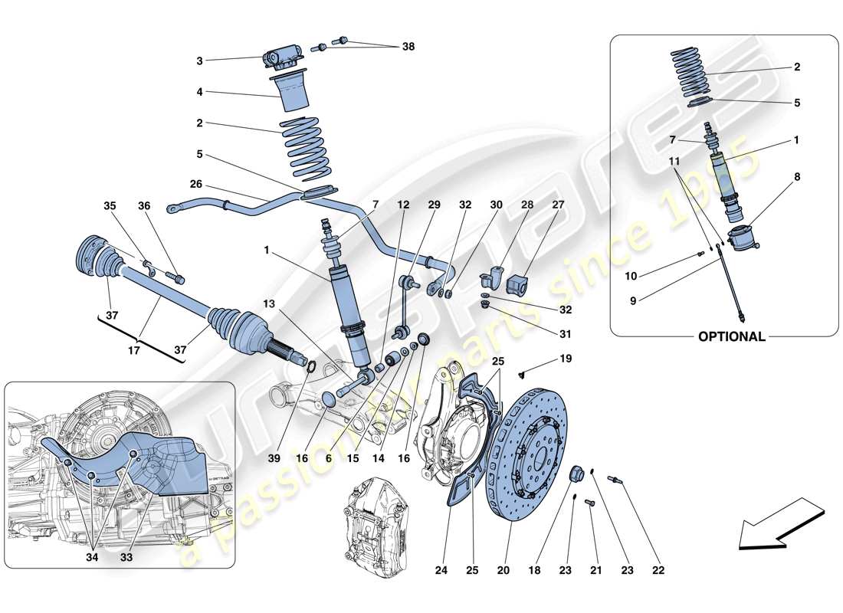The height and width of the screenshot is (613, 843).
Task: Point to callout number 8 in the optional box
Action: coord(797,175)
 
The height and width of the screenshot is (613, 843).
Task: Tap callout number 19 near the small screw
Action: coord(566,358)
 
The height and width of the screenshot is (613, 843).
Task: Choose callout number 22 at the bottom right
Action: coord(658,570)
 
